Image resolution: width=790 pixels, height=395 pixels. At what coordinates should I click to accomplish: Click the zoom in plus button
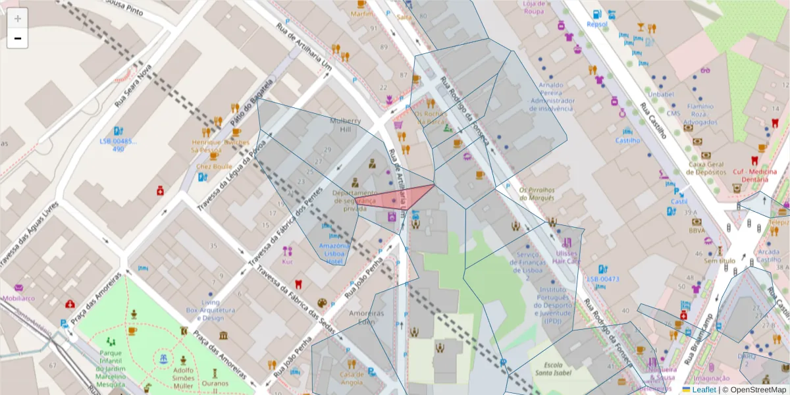pyautogui.click(x=18, y=18)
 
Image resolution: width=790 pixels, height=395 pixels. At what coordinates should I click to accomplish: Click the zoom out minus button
pyautogui.click(x=18, y=39)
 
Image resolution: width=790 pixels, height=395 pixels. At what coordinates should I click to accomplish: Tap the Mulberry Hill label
pyautogui.click(x=346, y=125)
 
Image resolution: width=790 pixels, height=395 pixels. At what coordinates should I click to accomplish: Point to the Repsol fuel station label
pyautogui.click(x=596, y=24)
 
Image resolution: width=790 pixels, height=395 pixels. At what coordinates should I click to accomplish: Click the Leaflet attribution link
pyautogui.click(x=703, y=390)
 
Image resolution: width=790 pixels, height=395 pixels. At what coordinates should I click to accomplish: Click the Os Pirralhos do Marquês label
pyautogui.click(x=537, y=194)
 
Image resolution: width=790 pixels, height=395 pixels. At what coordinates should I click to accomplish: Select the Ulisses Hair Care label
pyautogui.click(x=566, y=257)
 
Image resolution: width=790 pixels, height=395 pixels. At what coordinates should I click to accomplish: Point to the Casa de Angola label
pyautogui.click(x=352, y=378)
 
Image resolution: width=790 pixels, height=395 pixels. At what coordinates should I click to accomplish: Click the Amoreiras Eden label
pyautogui.click(x=367, y=317)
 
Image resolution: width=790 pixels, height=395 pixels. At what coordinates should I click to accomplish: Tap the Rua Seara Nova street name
pyautogui.click(x=133, y=86)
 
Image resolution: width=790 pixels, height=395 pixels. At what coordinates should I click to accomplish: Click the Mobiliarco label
pyautogui.click(x=19, y=298)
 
